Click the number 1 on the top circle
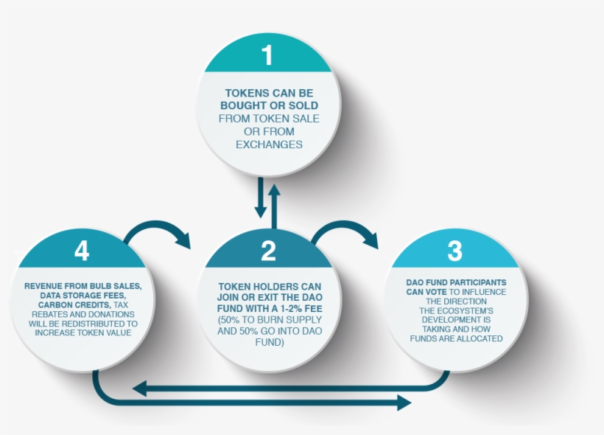tap(267, 55)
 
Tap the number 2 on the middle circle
tap(269, 251)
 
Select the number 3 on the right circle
tap(455, 251)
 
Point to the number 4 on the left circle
tap(82, 251)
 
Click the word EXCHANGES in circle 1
tap(269, 145)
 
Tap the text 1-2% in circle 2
tap(291, 308)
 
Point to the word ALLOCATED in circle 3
tap(481, 338)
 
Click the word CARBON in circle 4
tap(54, 305)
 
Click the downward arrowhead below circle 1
tap(261, 212)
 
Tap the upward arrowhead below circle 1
tap(274, 190)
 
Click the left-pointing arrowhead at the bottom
tap(139, 389)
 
